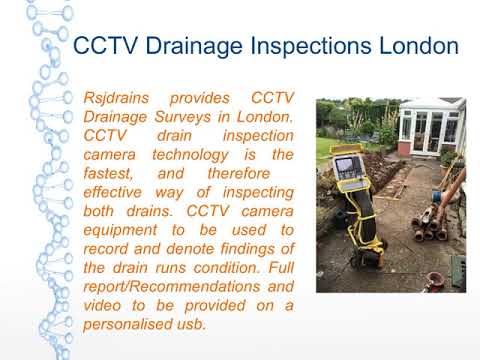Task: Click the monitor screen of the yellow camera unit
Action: (x=347, y=165)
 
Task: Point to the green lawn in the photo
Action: (x=330, y=150)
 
